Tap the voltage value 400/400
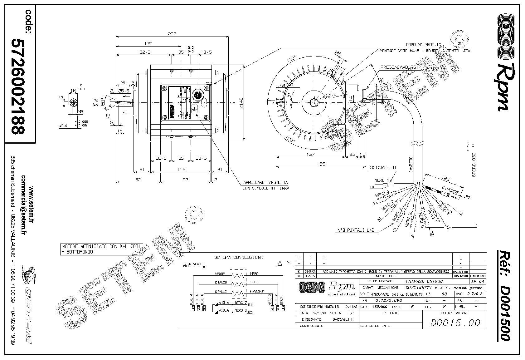(379, 294)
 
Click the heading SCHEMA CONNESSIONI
(239, 258)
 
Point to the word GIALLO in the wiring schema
(221, 292)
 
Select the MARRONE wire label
(257, 292)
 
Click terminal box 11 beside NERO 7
(249, 304)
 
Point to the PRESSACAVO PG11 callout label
(399, 67)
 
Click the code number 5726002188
(18, 86)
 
